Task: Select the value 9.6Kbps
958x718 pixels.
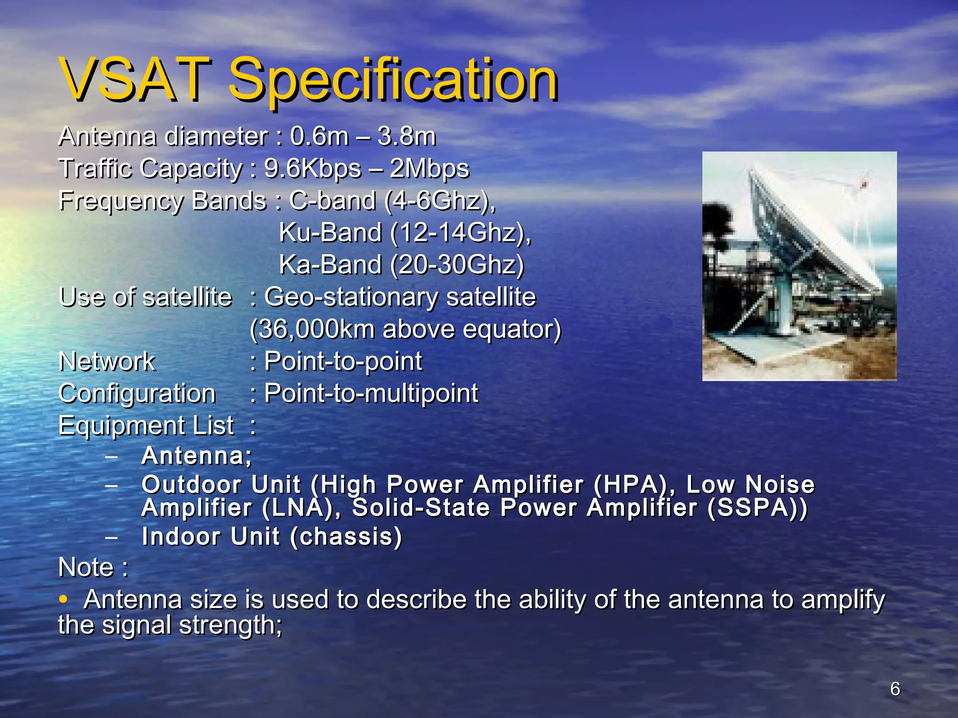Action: tap(312, 168)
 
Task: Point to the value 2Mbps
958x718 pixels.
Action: tap(429, 168)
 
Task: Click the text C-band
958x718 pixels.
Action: tap(332, 201)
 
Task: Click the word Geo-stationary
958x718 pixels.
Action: tap(351, 297)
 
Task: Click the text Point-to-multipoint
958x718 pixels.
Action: tap(370, 393)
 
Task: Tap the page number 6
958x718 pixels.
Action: tap(894, 689)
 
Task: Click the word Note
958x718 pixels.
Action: tap(86, 567)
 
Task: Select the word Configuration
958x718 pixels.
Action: tap(137, 393)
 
